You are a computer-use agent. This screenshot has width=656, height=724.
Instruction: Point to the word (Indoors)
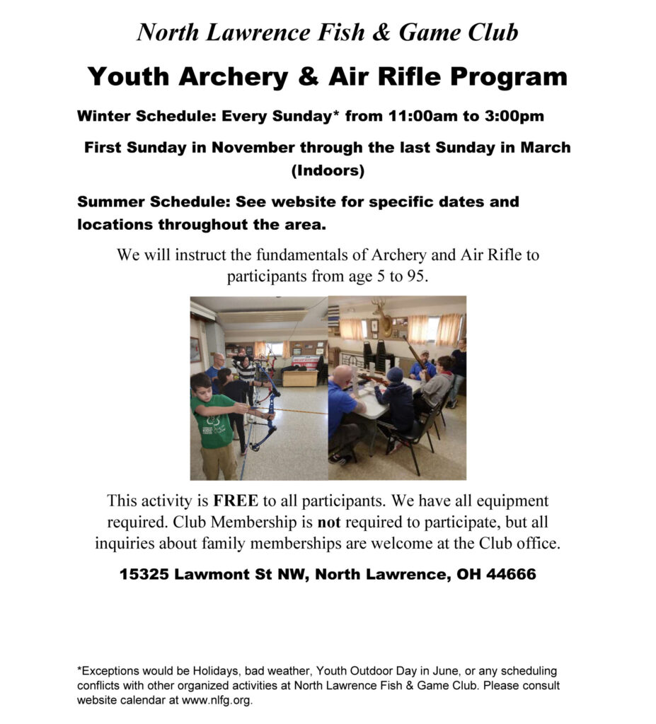(328, 170)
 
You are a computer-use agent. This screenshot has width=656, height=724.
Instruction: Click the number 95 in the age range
(415, 276)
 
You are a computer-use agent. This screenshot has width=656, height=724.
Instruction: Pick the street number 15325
(144, 575)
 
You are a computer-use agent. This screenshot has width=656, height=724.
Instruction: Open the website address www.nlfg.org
(214, 701)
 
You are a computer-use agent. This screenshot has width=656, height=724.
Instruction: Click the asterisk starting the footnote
(79, 669)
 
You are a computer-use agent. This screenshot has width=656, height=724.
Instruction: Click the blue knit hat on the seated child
(394, 375)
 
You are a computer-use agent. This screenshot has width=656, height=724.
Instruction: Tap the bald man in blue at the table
(345, 407)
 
